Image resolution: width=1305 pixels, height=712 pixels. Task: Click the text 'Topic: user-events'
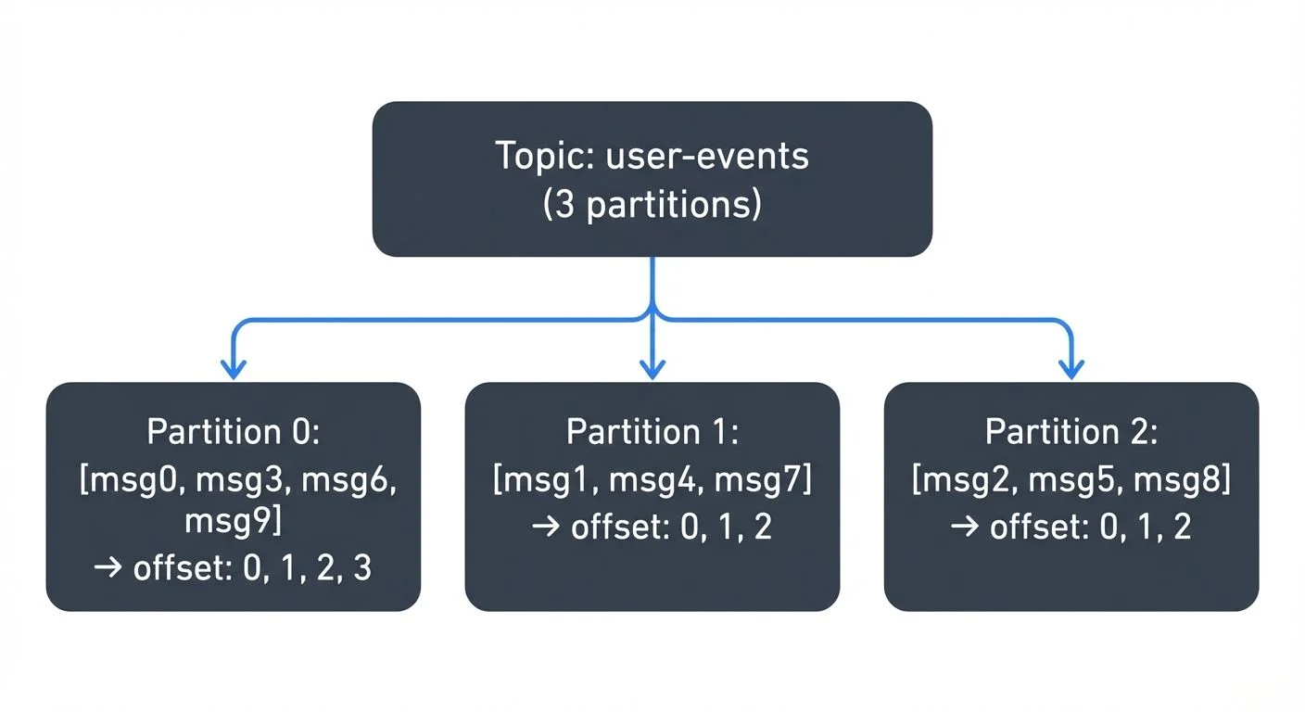pos(652,156)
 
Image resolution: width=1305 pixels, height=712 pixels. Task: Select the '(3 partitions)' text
pos(652,204)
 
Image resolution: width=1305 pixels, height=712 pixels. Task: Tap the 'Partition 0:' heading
pos(233,432)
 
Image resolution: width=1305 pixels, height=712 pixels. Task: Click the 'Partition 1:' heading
pos(652,432)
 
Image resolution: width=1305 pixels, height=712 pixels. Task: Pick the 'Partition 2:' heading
pos(1071,432)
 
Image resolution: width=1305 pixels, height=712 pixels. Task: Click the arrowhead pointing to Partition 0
pos(233,370)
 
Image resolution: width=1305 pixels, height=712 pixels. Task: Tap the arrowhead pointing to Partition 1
pos(652,370)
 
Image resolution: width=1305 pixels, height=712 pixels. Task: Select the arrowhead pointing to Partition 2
pos(1071,370)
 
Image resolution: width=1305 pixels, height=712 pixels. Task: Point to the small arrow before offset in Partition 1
pos(546,528)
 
